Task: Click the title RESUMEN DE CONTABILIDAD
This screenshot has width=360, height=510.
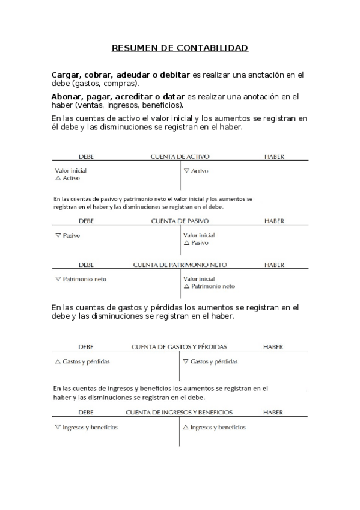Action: coord(180,48)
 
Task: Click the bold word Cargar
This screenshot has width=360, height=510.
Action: coord(67,75)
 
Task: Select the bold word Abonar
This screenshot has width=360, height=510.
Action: coord(67,96)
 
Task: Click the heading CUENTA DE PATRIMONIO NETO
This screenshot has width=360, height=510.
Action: coord(180,265)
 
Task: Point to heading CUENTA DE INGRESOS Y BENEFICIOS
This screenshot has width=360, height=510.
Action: coord(179,413)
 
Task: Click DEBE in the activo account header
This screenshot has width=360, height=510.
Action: coord(86,156)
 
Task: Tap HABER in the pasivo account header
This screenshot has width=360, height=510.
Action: coord(274,221)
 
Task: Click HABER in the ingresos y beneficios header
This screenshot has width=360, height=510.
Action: coord(273,413)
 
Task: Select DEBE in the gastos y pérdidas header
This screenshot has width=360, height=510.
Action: coord(86,347)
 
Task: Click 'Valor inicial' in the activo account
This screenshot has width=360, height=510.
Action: coord(70,171)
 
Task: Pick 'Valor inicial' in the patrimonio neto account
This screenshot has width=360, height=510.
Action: coord(199,279)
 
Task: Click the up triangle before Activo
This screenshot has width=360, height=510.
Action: coord(58,178)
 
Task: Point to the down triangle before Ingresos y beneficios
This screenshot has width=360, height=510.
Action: coord(57,427)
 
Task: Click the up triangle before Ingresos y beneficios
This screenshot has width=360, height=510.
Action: coord(186,428)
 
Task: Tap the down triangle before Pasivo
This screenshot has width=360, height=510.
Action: coord(58,235)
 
